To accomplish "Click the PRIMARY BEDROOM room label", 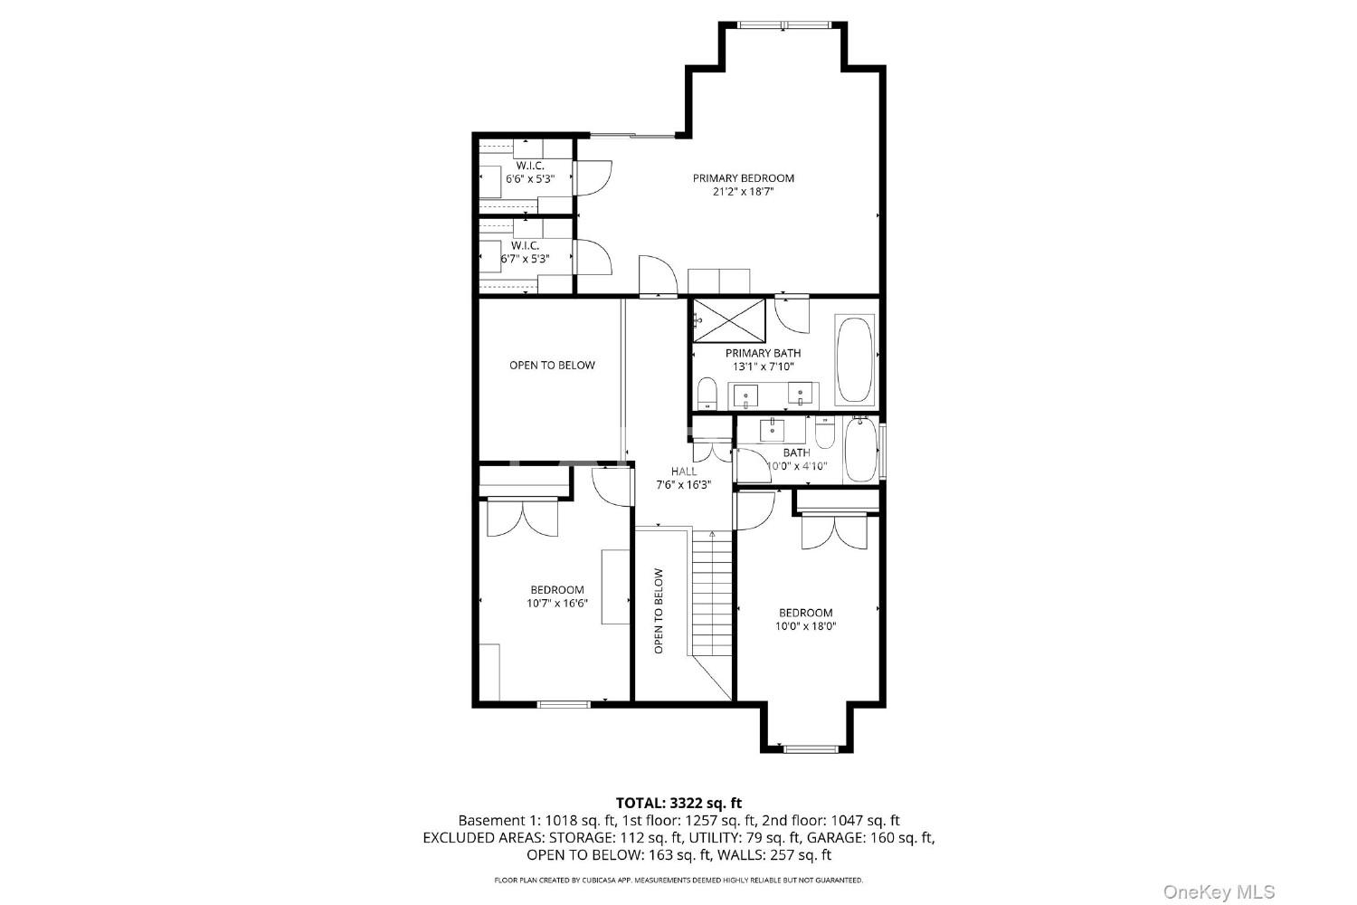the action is [744, 178].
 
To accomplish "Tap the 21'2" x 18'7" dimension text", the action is [744, 192].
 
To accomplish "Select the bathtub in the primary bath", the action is [854, 360].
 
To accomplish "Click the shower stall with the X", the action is [729, 320].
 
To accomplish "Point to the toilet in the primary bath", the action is [707, 394].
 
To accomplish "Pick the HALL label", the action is [684, 471].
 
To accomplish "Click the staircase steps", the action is [713, 594].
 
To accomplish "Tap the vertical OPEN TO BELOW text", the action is [660, 611].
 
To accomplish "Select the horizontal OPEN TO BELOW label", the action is [552, 365].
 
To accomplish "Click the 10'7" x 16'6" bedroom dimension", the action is [557, 603].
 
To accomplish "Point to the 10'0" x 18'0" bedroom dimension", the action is [806, 626].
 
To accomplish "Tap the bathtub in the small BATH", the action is [861, 449].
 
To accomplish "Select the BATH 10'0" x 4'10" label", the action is [797, 460].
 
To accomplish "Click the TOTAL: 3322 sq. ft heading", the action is [678, 803].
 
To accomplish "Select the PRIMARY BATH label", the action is [764, 353].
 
